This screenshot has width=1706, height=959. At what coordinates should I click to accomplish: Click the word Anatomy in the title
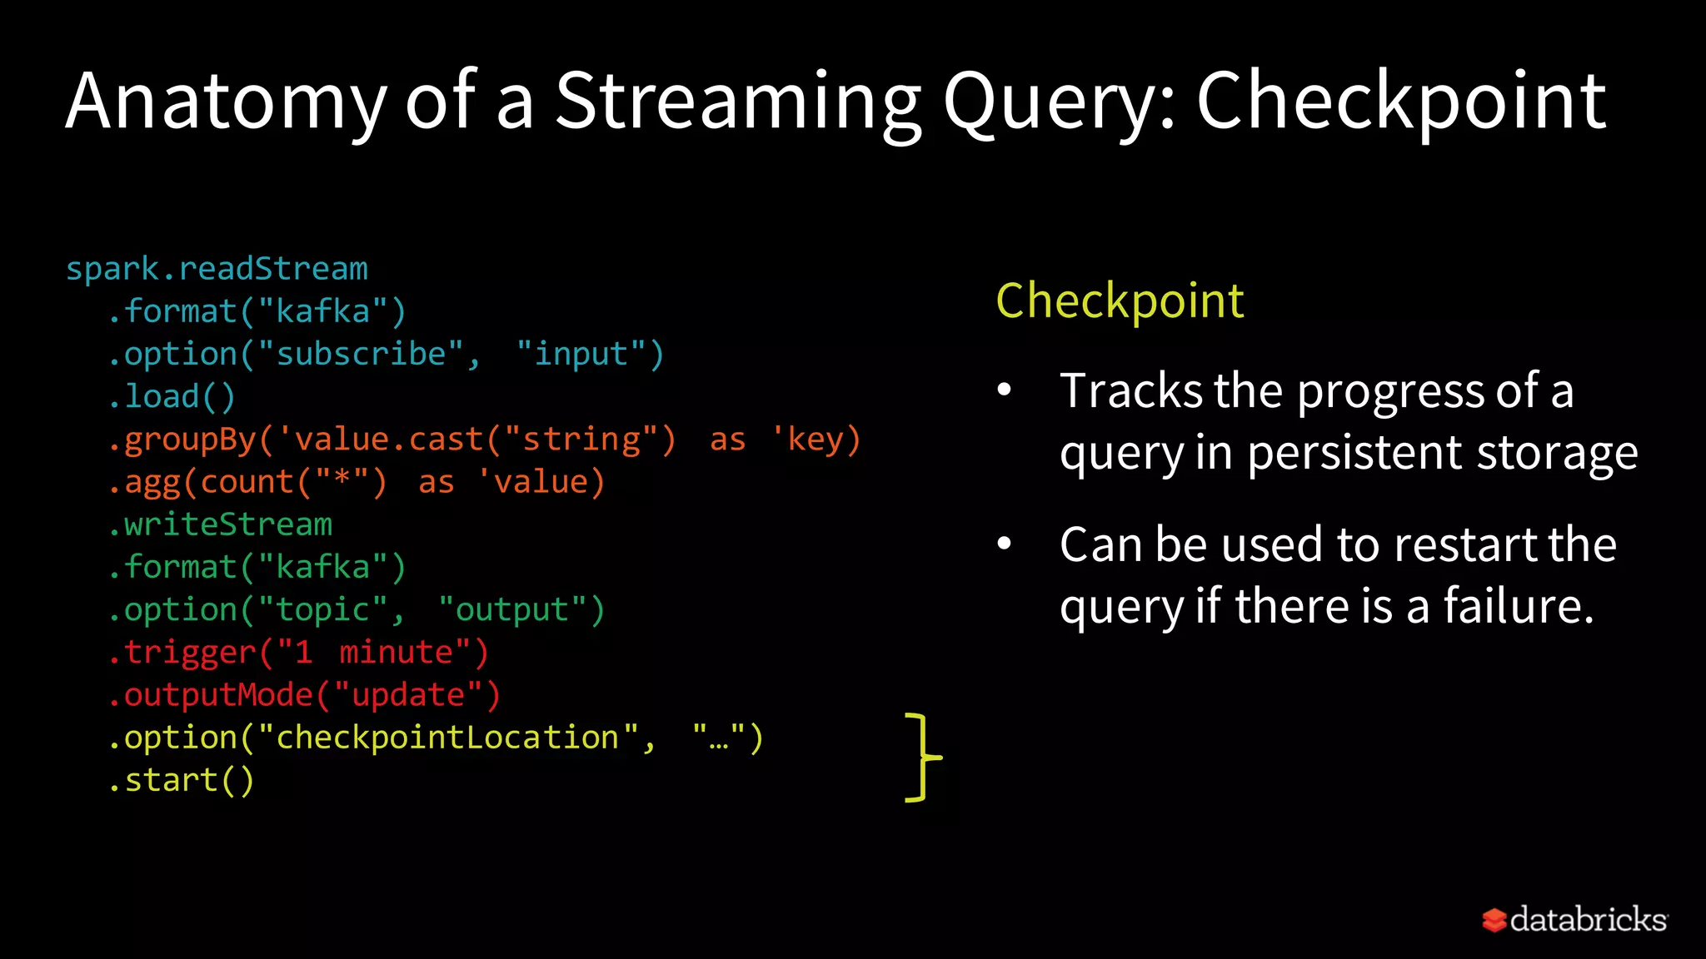point(226,102)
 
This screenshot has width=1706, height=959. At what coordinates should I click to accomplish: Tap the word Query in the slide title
point(1050,102)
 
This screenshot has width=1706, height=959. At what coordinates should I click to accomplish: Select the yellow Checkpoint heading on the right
point(1120,301)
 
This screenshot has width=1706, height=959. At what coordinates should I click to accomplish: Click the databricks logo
point(1574,920)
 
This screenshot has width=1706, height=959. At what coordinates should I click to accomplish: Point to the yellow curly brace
point(921,758)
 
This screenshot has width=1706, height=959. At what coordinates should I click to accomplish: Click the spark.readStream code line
point(217,269)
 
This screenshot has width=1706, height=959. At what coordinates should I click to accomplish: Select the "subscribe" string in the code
point(361,355)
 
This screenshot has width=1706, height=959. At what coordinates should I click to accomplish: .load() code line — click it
point(172,397)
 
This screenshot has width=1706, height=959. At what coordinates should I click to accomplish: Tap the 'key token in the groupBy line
point(807,440)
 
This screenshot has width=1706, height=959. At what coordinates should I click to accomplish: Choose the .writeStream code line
point(220,524)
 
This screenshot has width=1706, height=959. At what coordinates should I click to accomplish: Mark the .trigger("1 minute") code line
point(297,653)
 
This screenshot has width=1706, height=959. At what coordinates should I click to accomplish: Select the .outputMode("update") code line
point(304,695)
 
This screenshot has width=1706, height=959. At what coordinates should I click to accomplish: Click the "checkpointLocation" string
point(448,738)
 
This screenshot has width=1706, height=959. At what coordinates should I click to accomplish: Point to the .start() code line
point(181,781)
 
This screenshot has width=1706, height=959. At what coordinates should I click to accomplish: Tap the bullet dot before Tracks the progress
point(1005,390)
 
